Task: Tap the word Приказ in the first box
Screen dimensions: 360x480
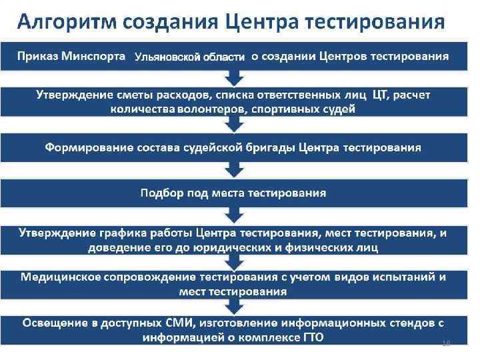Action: (x=39, y=55)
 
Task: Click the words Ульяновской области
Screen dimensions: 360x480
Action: (x=189, y=57)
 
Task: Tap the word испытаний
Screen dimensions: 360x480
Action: (x=403, y=277)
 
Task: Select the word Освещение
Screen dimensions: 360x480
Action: (x=58, y=323)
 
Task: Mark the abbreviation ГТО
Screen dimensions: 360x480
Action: (x=311, y=338)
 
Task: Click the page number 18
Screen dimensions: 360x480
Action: (x=447, y=343)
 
